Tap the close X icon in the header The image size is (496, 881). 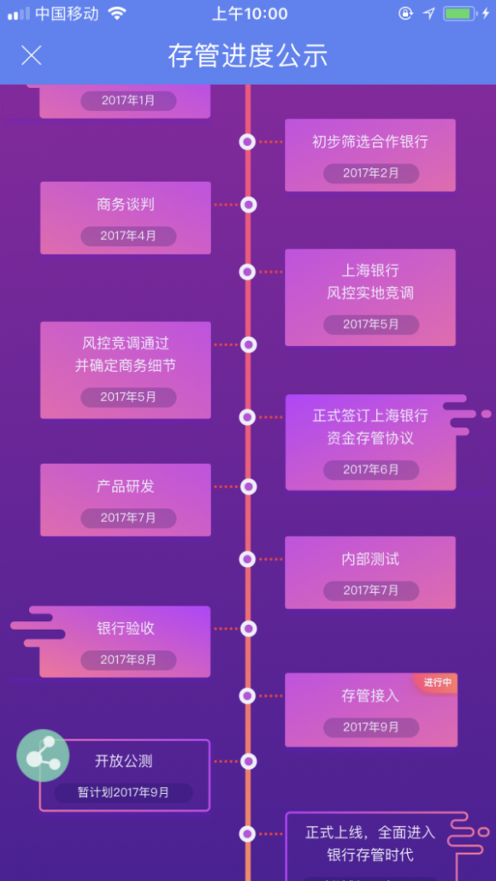[x=32, y=55]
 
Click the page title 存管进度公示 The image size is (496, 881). [x=247, y=56]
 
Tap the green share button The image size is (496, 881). [x=43, y=755]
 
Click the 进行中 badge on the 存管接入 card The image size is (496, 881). [x=438, y=683]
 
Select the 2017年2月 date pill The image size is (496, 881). [x=371, y=173]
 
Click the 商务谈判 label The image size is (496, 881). [x=126, y=204]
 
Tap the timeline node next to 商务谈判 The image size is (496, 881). [x=249, y=204]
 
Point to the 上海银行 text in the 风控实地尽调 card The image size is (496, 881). [x=370, y=270]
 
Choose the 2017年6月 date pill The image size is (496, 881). [x=371, y=470]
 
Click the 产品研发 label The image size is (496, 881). [x=126, y=486]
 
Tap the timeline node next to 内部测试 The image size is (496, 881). [x=247, y=559]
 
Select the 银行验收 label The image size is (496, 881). [x=126, y=629]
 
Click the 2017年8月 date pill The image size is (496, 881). [x=128, y=660]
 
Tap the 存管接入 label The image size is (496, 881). [x=370, y=696]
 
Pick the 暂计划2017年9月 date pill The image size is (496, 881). [x=123, y=793]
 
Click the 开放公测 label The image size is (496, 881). [x=124, y=762]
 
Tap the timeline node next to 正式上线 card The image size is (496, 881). [x=247, y=834]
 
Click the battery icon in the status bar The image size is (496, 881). [x=460, y=14]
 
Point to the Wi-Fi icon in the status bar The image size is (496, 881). [x=117, y=14]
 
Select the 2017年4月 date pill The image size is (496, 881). [x=128, y=236]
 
